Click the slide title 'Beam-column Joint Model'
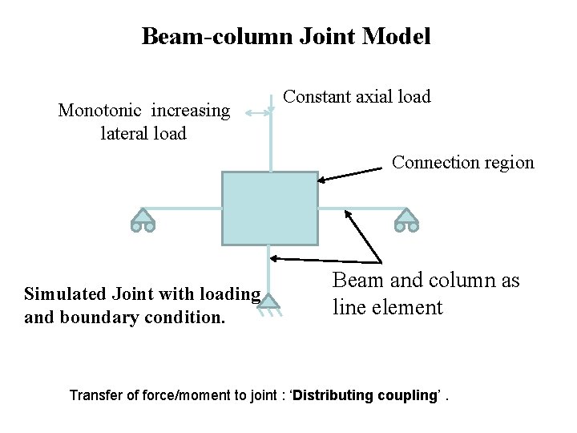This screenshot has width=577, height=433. (x=286, y=36)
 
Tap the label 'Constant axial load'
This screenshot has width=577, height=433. (x=357, y=97)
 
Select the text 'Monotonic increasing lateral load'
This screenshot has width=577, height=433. (x=143, y=122)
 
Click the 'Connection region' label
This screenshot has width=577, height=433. (x=462, y=162)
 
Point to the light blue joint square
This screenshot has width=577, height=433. (x=269, y=208)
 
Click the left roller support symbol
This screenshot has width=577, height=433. (x=142, y=219)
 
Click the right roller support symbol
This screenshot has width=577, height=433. (x=406, y=219)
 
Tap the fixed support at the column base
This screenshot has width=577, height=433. (x=268, y=303)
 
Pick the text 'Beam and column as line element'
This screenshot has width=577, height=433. (x=426, y=293)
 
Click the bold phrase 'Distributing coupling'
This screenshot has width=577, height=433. (x=364, y=395)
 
